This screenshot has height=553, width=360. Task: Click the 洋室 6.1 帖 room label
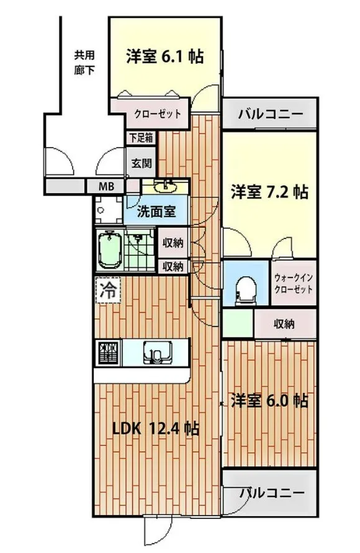(x=164, y=56)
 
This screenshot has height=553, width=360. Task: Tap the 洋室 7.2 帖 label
(x=269, y=192)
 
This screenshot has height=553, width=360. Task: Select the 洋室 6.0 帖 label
(x=269, y=401)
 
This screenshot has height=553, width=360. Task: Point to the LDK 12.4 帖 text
(x=156, y=428)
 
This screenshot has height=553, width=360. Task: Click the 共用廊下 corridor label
(x=84, y=63)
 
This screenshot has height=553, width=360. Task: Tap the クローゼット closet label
(x=158, y=114)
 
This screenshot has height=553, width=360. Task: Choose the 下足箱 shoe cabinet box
(x=141, y=138)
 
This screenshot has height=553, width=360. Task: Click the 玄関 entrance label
(x=142, y=163)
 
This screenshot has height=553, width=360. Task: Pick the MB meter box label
(x=106, y=186)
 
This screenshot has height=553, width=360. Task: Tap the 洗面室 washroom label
(x=156, y=212)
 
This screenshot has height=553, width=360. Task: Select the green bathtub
(x=110, y=250)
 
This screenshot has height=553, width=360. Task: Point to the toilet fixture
(x=246, y=289)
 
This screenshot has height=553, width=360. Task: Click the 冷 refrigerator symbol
(x=108, y=290)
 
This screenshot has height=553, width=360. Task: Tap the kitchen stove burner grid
(x=108, y=353)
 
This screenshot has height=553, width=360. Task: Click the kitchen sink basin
(x=157, y=352)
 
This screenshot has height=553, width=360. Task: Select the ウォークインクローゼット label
(x=294, y=283)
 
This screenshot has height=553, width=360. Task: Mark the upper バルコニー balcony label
(x=271, y=114)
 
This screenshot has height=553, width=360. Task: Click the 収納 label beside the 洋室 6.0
(x=284, y=323)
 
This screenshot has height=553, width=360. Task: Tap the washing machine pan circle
(x=101, y=210)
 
